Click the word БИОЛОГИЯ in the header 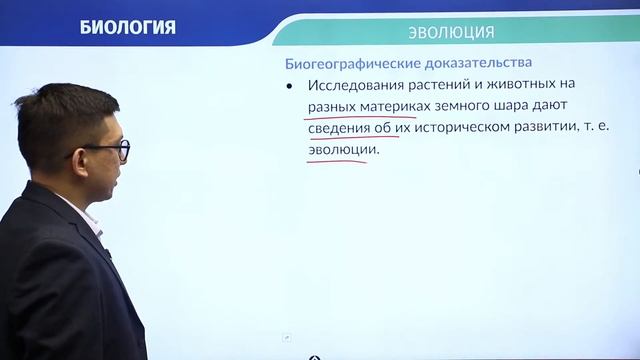127,27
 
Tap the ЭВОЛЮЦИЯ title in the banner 451,32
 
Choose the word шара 526,107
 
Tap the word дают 569,107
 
